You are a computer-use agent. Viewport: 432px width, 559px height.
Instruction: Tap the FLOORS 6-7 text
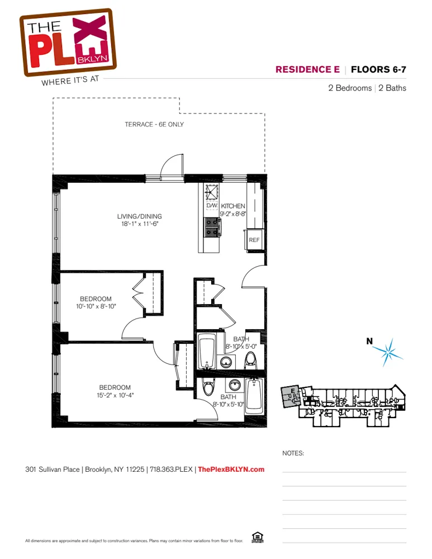378,70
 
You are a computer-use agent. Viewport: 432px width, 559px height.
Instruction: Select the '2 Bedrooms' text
350,88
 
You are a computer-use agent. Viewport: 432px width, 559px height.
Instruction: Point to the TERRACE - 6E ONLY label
154,124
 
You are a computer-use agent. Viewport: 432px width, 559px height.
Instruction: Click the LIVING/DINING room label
139,216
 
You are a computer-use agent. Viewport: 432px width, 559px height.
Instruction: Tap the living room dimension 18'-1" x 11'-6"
139,224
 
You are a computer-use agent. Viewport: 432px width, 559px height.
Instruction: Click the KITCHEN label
233,206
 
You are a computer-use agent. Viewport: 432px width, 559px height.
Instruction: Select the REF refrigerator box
254,240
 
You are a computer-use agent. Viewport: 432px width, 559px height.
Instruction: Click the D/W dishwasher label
211,206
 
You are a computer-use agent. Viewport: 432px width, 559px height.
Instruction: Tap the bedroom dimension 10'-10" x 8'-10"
96,306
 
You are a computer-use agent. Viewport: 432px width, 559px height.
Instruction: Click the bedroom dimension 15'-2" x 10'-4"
115,395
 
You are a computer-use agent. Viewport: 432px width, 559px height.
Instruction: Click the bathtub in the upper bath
207,350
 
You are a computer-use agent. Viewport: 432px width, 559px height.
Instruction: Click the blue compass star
389,350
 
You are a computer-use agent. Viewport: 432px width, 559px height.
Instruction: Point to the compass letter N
369,340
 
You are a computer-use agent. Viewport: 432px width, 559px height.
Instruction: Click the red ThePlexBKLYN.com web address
231,470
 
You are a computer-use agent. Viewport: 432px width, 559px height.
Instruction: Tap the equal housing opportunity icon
257,538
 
